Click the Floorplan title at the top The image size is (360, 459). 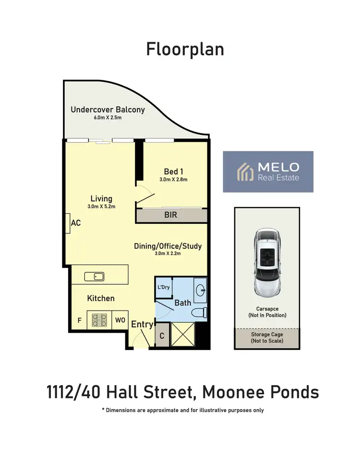pos(185,49)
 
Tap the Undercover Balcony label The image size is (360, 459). pos(108,109)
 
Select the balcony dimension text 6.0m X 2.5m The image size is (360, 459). pos(108,118)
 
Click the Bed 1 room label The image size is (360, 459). pos(173,171)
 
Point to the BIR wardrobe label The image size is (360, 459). pos(170,215)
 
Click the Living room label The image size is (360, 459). pos(101,198)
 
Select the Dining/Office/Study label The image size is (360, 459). pos(168,246)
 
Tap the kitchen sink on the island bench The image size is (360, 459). pos(95,276)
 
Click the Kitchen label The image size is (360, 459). pos(101,298)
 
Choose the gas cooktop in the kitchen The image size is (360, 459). pos(99,320)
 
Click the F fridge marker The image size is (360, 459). pos(79,320)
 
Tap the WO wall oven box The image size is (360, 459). pos(120,320)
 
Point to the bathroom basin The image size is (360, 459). pos(200,290)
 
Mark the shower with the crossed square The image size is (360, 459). pos(183,334)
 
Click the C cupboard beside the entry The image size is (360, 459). pos(162,336)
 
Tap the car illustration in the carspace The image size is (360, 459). pos(266,262)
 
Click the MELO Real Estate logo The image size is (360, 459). pos(268,171)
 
